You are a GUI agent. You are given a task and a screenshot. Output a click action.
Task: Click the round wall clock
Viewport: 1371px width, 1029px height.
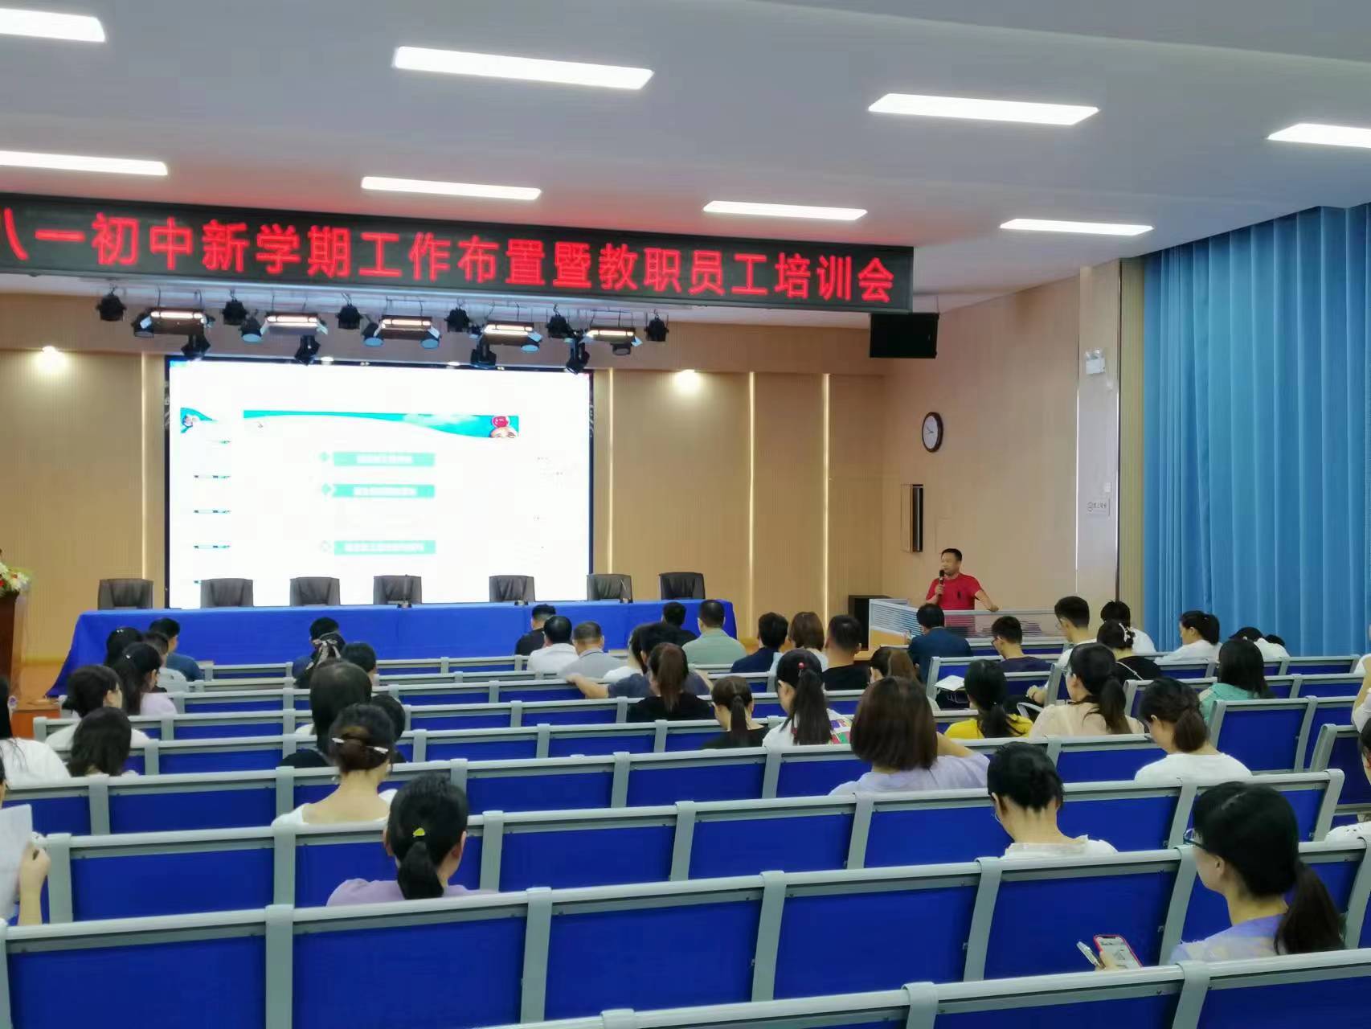[931, 432]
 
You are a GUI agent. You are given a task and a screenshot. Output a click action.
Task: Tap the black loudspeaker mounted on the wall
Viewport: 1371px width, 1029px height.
[903, 334]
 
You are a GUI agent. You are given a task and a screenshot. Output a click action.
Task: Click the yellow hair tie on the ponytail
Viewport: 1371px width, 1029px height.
[418, 834]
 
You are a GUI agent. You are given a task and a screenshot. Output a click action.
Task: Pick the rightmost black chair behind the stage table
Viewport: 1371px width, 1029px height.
[681, 586]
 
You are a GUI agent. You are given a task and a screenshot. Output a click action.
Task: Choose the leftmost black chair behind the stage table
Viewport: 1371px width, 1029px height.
[125, 594]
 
